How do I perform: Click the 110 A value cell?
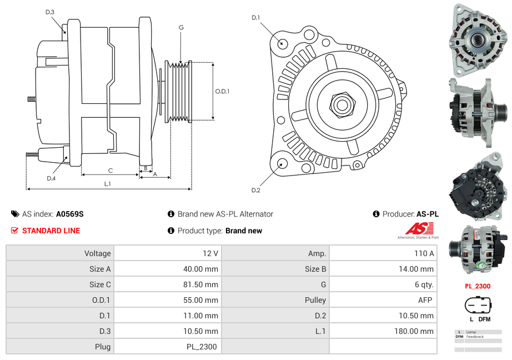point(424,253)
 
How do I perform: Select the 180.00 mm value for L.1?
point(419,331)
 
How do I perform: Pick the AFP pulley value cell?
point(424,300)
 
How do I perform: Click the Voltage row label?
point(97,253)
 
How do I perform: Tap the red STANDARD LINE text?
point(51,231)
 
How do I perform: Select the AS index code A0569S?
point(69,214)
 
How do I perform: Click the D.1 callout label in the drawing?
point(255,18)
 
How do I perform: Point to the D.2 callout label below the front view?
point(255,191)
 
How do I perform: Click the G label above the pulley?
point(181,27)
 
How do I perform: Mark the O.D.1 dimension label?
point(222,92)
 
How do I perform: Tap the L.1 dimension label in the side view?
point(108,184)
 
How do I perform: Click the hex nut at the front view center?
point(341,103)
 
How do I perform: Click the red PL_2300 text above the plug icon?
point(478,287)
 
